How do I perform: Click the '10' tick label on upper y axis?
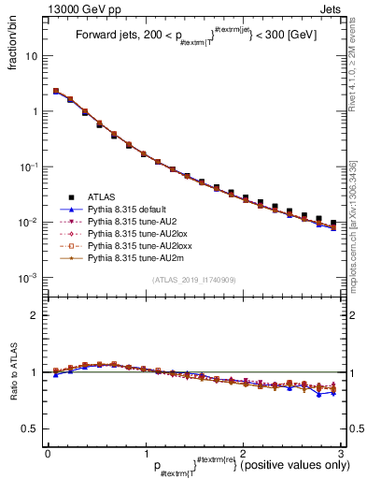point(30,55)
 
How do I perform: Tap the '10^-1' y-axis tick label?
point(28,167)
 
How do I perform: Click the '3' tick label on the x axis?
point(341,453)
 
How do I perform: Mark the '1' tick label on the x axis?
point(145,453)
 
